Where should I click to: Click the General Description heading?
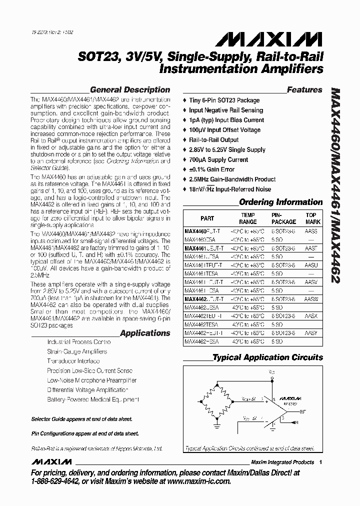coord(130,90)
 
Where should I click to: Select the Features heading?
coord(304,90)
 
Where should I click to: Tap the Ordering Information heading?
coord(281,202)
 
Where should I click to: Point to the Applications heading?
coord(145,333)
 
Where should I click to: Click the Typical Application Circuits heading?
coord(268,357)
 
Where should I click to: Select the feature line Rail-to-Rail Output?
coord(214,140)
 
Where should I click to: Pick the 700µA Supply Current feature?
coord(218,160)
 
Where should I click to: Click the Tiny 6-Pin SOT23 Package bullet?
coord(224,100)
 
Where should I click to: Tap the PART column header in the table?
coord(207,218)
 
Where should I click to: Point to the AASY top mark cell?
coord(311,332)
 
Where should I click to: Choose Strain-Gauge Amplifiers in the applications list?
coord(77,351)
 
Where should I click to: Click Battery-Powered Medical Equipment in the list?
coord(93,399)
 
